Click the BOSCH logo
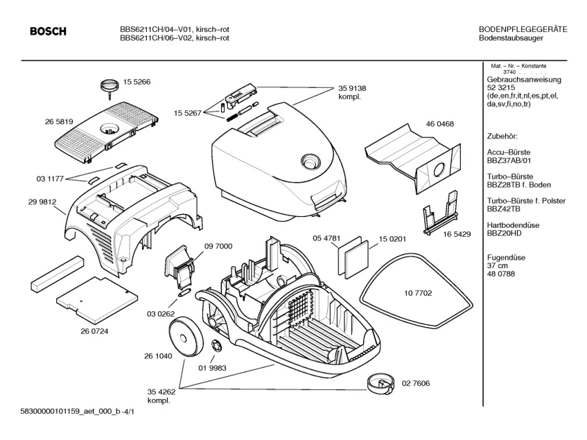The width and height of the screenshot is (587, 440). (x=48, y=31)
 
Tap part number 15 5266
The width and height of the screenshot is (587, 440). (x=137, y=82)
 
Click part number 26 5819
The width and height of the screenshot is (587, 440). (x=59, y=121)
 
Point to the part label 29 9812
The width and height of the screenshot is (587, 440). (x=42, y=202)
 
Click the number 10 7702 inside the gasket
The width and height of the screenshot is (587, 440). (x=418, y=293)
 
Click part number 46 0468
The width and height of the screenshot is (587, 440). (x=439, y=124)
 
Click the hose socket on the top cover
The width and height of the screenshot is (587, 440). (x=310, y=161)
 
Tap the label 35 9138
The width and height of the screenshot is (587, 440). (x=352, y=88)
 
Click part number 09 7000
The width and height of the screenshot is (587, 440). (x=218, y=246)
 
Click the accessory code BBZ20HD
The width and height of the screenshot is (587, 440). (x=504, y=233)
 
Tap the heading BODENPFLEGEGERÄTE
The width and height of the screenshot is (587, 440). (x=523, y=29)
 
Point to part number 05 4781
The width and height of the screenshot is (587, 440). (x=326, y=238)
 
